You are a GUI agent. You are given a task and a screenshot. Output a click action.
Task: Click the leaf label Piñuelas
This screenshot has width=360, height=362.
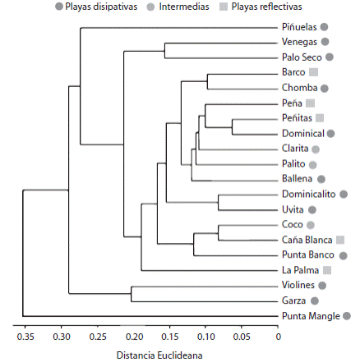tap(299, 27)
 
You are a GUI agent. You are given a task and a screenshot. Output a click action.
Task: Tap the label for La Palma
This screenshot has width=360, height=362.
tap(300, 270)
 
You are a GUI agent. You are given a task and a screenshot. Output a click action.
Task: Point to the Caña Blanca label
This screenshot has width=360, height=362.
tap(306, 240)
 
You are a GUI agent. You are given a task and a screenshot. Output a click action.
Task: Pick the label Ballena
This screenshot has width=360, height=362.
tap(297, 179)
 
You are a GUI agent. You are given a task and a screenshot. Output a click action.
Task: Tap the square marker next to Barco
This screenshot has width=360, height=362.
tap(314, 72)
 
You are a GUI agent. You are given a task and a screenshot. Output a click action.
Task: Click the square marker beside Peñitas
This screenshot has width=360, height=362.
tap(320, 118)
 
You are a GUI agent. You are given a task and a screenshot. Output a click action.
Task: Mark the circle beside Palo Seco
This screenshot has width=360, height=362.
tap(330, 57)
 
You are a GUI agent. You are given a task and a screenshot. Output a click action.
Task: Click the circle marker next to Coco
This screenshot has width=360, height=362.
tap(311, 224)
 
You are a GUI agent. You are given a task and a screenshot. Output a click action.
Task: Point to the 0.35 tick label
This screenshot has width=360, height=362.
tap(25, 335)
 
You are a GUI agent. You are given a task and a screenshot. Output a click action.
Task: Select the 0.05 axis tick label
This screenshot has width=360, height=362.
tap(242, 335)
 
